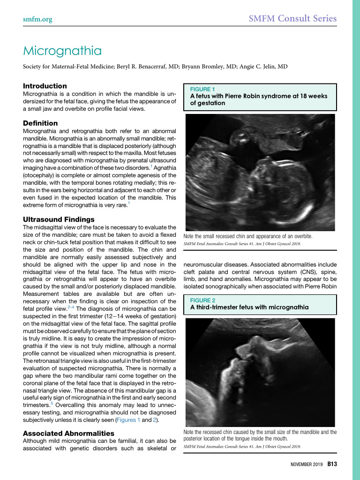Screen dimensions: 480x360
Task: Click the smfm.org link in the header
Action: [x=37, y=19]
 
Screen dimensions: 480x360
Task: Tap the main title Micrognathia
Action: [x=62, y=50]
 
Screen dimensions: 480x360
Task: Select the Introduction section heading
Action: [x=45, y=86]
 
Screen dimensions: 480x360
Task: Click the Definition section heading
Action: [x=40, y=123]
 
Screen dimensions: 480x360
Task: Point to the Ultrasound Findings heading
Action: [x=59, y=219]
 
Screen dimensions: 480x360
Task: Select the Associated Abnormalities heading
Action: [x=68, y=433]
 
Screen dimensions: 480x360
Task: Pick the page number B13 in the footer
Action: [x=332, y=464]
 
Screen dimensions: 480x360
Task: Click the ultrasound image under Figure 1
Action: [x=260, y=172]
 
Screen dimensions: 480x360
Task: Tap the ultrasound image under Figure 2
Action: [x=260, y=372]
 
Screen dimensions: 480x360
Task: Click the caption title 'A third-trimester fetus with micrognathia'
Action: [x=249, y=307]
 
